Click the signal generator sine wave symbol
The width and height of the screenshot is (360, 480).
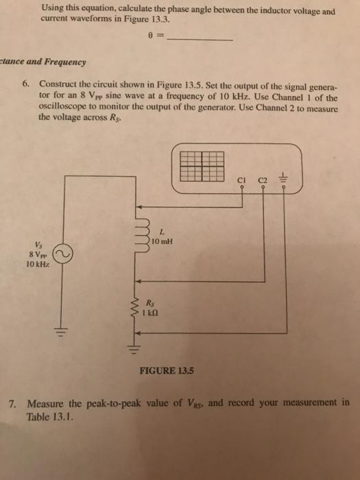click(x=64, y=255)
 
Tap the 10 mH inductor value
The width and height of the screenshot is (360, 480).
click(x=163, y=243)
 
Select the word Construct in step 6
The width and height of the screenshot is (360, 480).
click(x=63, y=83)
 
